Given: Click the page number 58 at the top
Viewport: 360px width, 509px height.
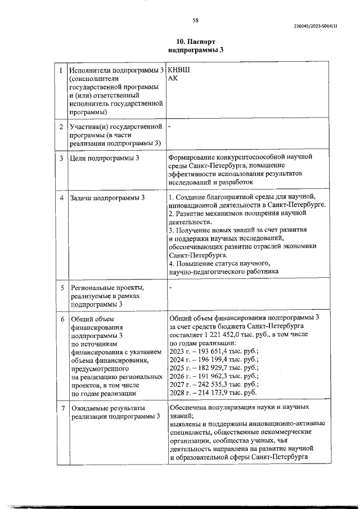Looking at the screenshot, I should pos(195,20).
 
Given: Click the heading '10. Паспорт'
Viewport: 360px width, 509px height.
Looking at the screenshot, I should pos(196,42).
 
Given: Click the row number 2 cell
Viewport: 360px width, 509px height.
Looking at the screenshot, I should pos(61,128).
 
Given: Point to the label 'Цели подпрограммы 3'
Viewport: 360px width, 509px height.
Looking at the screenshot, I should pos(104,159).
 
